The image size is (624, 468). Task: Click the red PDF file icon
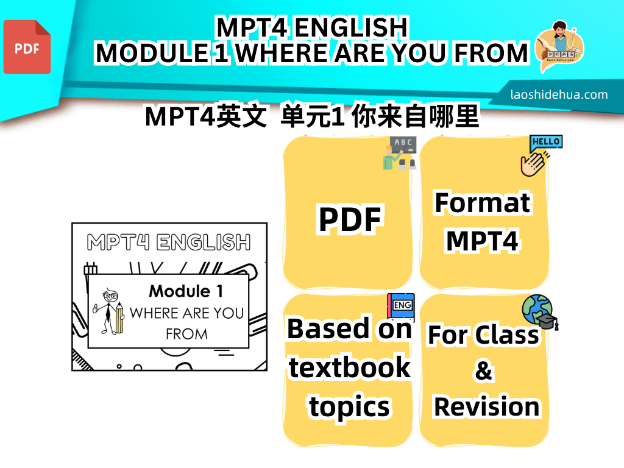27,47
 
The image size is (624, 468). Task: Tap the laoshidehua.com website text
559,94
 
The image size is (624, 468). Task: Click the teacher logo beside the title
560,45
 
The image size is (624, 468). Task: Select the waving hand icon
533,163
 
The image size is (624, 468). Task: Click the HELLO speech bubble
546,143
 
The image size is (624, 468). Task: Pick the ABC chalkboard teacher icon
400,153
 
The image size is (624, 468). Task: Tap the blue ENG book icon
401,307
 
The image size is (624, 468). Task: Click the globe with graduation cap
540,312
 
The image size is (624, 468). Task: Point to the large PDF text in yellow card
350,219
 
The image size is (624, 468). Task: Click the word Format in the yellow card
483,203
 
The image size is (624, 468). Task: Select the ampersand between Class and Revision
483,370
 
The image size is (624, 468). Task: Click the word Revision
486,406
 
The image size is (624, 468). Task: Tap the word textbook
349,367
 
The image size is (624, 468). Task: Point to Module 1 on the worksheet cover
186,291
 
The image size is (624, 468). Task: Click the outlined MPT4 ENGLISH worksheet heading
169,242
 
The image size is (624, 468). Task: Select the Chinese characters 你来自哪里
415,116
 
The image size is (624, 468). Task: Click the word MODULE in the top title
152,54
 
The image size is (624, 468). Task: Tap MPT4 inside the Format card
483,241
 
